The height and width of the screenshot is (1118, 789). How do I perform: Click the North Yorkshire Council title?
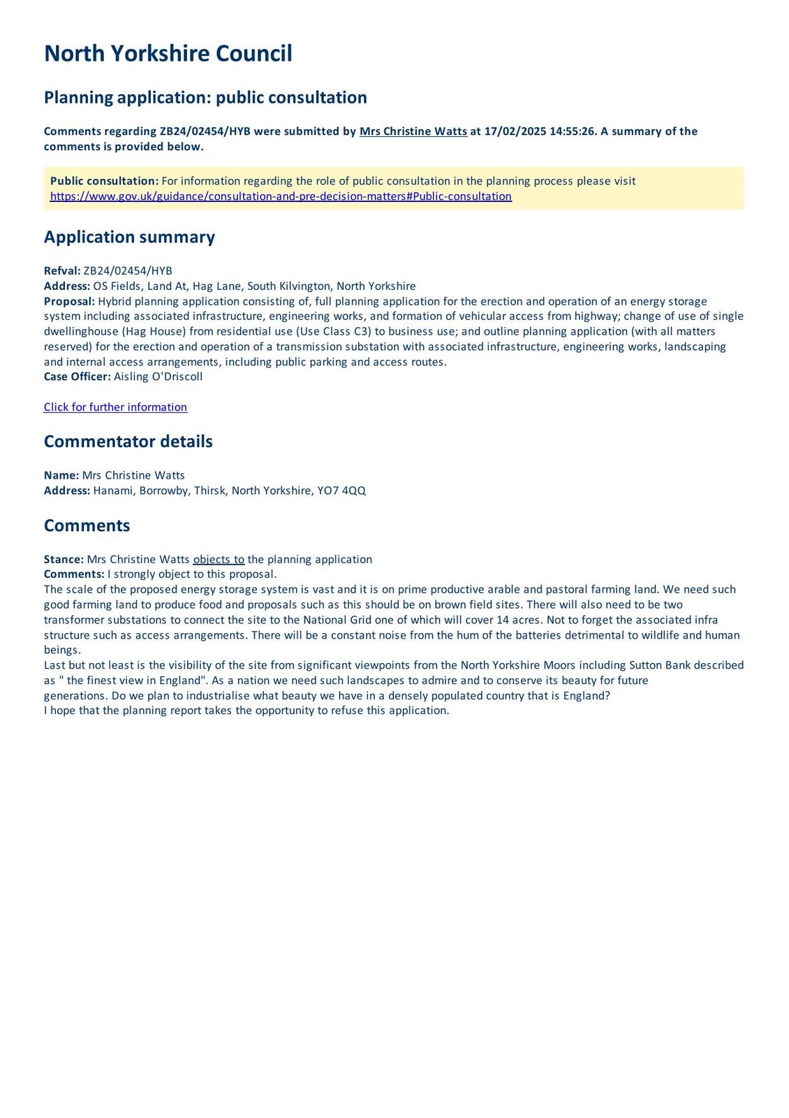[x=168, y=54]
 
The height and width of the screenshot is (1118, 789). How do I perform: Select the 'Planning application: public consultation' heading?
[x=205, y=97]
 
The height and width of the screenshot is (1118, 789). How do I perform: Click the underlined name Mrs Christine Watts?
[x=413, y=131]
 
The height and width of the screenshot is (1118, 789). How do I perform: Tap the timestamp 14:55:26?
[x=572, y=131]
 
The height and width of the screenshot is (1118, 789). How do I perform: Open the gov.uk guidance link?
[x=281, y=196]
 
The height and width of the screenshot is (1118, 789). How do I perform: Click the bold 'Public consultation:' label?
[x=104, y=181]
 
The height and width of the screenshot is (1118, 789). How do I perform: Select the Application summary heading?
[x=129, y=237]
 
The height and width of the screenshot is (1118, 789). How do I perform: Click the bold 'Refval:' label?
[x=62, y=271]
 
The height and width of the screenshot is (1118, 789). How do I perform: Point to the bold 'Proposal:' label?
[x=69, y=301]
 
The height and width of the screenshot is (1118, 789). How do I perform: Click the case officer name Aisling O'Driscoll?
[x=158, y=377]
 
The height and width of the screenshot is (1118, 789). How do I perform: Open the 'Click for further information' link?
[x=115, y=407]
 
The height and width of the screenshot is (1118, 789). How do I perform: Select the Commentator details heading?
[x=128, y=442]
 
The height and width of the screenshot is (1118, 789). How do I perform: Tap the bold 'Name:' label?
[x=61, y=475]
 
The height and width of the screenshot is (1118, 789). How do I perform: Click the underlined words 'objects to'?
[x=219, y=560]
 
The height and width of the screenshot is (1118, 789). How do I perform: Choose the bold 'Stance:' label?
[x=64, y=560]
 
